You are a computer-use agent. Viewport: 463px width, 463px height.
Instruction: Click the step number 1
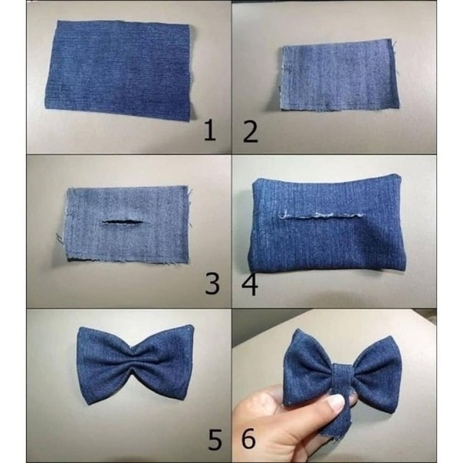click(x=210, y=130)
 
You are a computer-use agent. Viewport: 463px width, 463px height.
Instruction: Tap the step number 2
click(x=251, y=133)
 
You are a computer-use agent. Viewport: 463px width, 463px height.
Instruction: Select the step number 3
click(x=212, y=284)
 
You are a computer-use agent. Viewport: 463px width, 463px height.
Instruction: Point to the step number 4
click(x=250, y=285)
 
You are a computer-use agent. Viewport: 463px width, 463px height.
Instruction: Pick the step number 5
click(x=215, y=438)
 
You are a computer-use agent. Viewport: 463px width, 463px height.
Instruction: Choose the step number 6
click(x=248, y=438)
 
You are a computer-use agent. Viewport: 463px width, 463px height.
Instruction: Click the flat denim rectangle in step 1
click(x=119, y=70)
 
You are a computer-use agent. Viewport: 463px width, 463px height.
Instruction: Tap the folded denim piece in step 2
click(x=338, y=75)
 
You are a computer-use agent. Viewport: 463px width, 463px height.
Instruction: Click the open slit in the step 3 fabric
click(x=122, y=222)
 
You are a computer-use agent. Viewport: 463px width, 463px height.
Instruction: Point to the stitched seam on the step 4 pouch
click(x=321, y=215)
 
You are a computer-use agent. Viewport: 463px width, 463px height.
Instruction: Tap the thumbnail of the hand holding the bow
click(x=335, y=402)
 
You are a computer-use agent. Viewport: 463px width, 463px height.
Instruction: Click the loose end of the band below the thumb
click(x=336, y=425)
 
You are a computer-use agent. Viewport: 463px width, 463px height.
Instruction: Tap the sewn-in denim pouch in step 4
click(x=325, y=223)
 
